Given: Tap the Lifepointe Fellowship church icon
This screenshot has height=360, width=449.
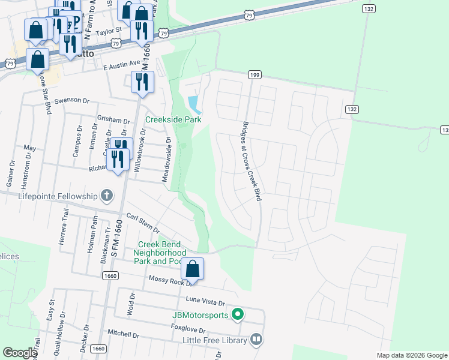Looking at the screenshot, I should [106, 196].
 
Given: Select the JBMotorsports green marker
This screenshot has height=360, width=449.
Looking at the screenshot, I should [238, 314].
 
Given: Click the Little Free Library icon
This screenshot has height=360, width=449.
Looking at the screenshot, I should [256, 340].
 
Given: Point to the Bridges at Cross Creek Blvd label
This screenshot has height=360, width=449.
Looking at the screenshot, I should [249, 162].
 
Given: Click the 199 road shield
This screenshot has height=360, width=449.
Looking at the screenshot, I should [255, 74].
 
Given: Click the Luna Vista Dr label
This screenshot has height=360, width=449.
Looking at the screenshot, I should [205, 303].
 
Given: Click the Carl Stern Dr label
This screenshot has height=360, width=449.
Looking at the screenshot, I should [142, 223].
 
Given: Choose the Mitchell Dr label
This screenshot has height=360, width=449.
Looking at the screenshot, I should [123, 333].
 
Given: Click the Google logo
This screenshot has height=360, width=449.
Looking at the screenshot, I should [20, 353].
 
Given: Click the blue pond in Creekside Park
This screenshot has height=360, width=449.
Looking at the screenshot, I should [194, 105].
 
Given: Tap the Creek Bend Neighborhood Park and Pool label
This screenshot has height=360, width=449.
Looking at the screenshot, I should [163, 253].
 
